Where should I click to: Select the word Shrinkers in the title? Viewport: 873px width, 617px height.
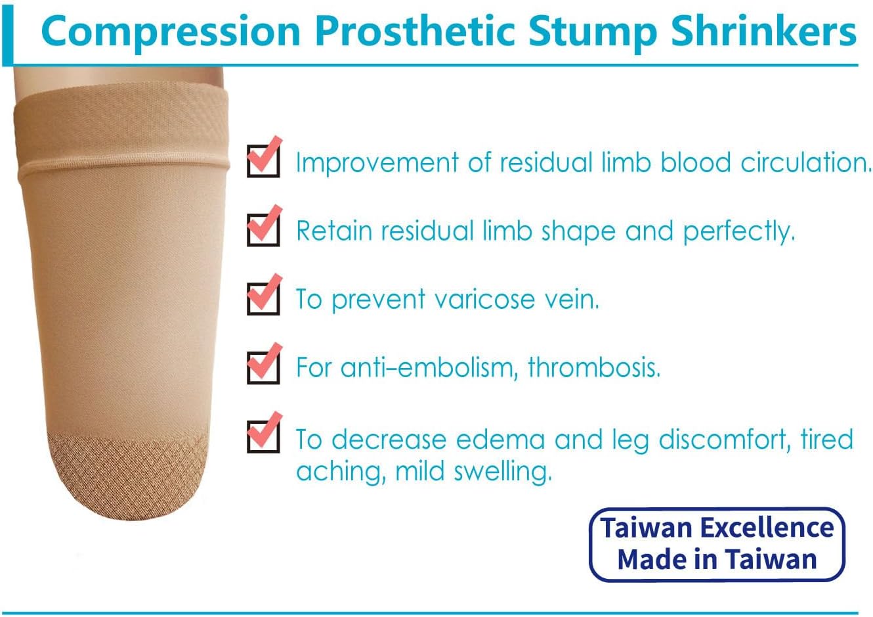tap(763, 31)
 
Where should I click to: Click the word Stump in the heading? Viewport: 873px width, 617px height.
tap(592, 31)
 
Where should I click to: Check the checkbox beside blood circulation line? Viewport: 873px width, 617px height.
tap(263, 160)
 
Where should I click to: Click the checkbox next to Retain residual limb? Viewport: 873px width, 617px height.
tap(263, 228)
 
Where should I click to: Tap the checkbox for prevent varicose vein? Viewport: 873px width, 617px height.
tap(263, 297)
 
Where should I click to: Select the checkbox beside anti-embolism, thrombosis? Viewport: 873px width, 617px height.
tap(263, 365)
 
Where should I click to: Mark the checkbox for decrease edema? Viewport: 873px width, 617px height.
tap(263, 435)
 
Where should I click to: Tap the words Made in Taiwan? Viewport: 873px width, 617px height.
tap(717, 560)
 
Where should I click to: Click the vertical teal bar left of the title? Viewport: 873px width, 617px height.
tap(7, 33)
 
